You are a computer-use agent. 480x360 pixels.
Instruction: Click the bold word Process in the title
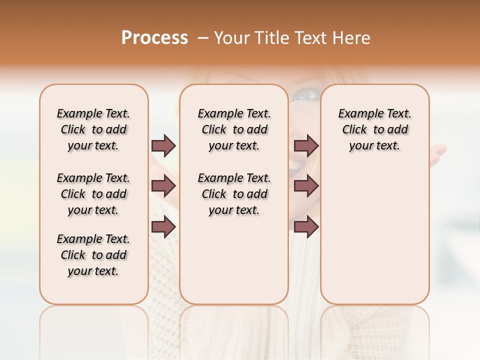pos(154,38)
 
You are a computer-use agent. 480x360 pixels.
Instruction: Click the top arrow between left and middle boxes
pos(163,146)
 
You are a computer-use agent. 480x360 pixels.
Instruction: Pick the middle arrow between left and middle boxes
pos(163,186)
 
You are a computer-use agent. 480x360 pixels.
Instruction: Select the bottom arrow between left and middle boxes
pos(163,227)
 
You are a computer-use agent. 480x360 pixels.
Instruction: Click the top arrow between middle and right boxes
pos(306,146)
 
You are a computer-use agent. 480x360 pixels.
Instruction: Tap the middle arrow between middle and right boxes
pos(306,186)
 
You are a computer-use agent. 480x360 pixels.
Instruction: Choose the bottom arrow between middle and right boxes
pos(306,227)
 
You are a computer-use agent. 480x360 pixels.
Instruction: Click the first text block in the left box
pos(93,129)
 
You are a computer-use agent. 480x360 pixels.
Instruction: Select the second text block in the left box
pos(93,194)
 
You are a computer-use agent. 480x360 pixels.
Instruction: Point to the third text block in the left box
pos(93,255)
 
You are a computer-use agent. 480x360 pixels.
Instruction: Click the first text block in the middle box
pos(234,129)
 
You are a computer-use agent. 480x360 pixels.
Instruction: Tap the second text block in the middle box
pos(234,194)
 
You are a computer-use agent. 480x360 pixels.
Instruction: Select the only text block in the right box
pos(374,129)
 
